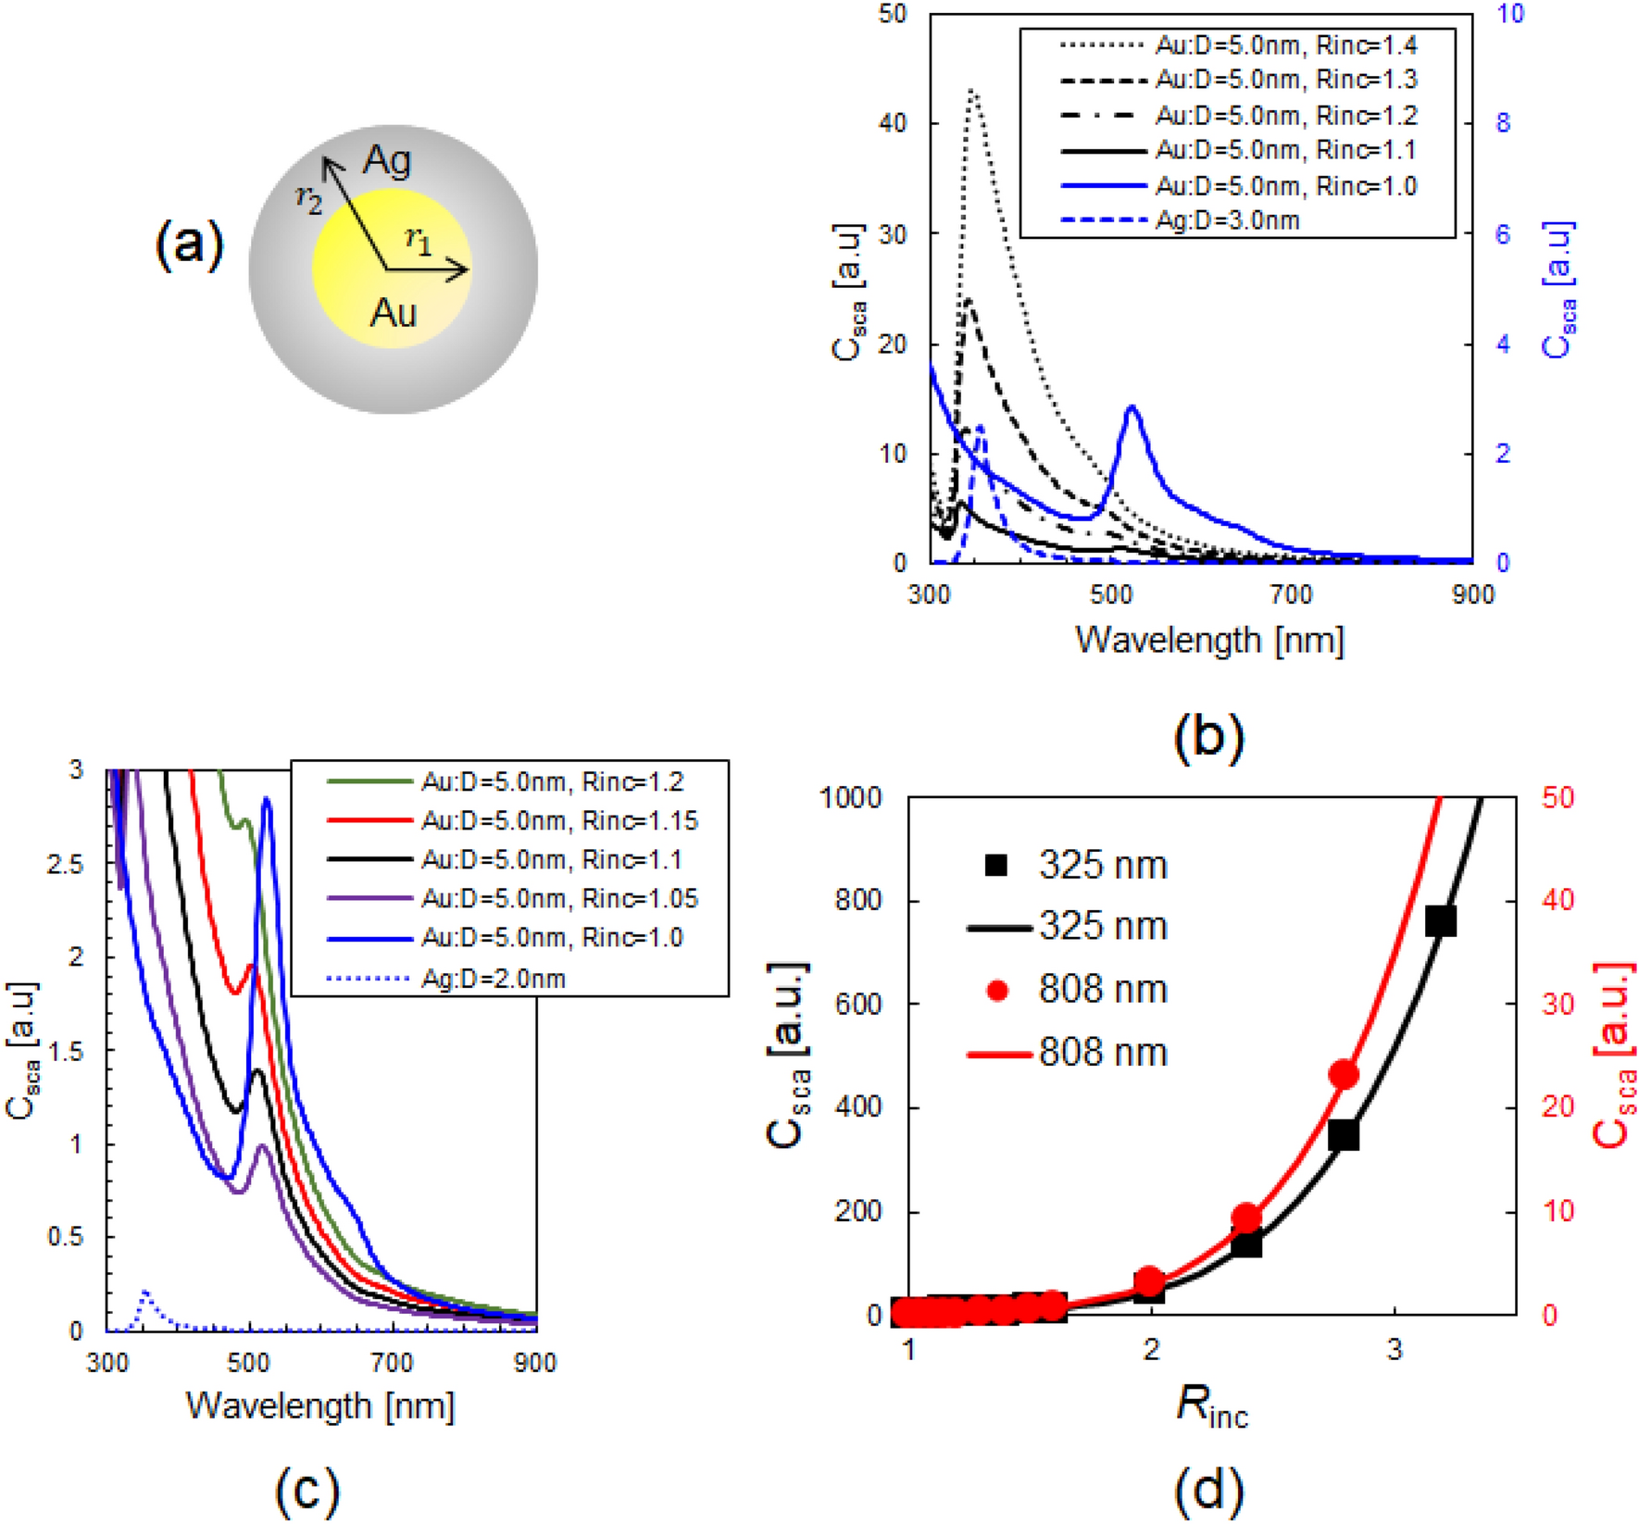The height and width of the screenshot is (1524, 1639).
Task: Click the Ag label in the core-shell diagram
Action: coord(387,161)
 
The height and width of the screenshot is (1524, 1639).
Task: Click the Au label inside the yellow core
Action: coord(394,313)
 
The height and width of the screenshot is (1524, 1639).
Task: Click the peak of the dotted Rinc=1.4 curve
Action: coord(972,91)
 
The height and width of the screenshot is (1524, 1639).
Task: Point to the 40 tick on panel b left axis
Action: coord(893,123)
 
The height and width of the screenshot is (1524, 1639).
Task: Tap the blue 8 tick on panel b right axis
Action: coord(1503,123)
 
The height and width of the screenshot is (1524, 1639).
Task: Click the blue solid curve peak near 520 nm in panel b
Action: coord(1132,407)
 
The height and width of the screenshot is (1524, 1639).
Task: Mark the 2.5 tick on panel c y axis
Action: coord(65,865)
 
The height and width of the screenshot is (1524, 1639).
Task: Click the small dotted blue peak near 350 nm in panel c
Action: coord(144,1293)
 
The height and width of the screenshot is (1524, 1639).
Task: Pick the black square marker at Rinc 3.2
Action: coord(1441,921)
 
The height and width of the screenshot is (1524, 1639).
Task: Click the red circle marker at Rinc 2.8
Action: coord(1344,1075)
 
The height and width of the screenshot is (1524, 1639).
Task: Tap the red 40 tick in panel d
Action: coord(1558,900)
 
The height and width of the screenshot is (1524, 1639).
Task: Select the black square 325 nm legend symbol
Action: coord(996,865)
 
